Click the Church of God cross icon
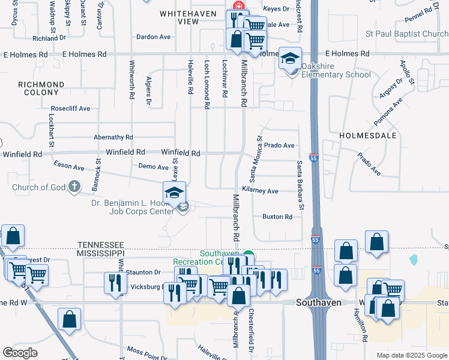point(74,187)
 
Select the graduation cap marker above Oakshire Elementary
point(291,58)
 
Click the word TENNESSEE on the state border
point(101,245)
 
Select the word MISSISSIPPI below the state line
point(101,254)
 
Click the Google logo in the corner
point(20,352)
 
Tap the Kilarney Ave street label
point(260,191)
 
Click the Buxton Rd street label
point(277,217)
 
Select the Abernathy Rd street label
point(113,137)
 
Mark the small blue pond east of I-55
point(414,260)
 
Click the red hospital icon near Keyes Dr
point(238,5)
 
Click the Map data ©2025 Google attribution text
point(411,355)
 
